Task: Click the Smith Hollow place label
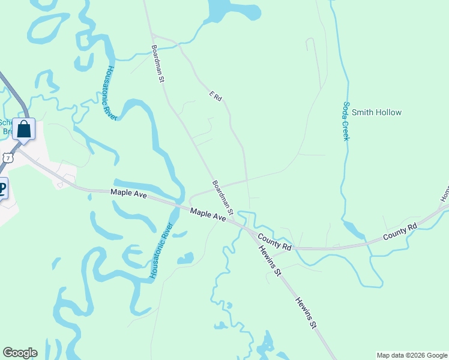pyautogui.click(x=376, y=112)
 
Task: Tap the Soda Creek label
pyautogui.click(x=346, y=121)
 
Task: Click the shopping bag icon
pyautogui.click(x=23, y=128)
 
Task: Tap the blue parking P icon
pyautogui.click(x=2, y=189)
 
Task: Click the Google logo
pyautogui.click(x=20, y=353)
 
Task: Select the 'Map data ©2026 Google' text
pyautogui.click(x=411, y=355)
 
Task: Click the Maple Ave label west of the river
pyautogui.click(x=128, y=193)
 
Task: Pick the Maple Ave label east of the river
pyautogui.click(x=208, y=215)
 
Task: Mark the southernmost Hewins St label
pyautogui.click(x=305, y=313)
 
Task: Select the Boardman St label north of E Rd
pyautogui.click(x=158, y=63)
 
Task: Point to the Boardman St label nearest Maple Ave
pyautogui.click(x=222, y=197)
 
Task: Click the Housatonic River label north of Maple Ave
pyautogui.click(x=108, y=93)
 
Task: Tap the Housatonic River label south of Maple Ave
pyautogui.click(x=161, y=251)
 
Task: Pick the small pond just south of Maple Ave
pyautogui.click(x=186, y=259)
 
